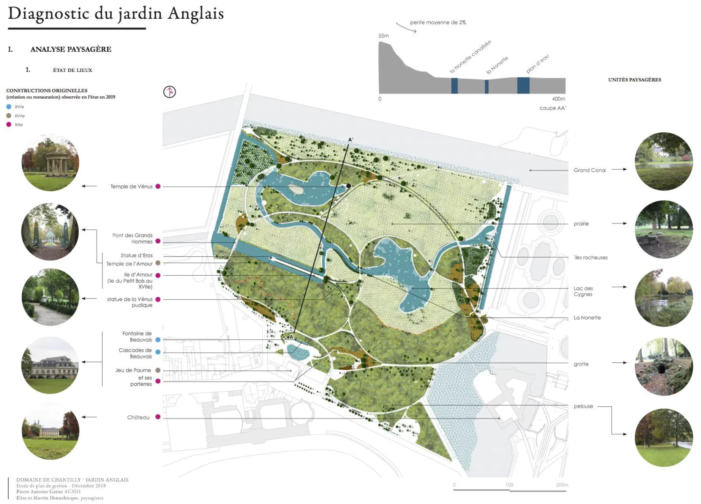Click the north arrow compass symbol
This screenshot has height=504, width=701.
coord(169,92)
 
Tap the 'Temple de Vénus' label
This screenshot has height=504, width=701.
coord(131,187)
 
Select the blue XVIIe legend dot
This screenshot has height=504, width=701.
coord(9,107)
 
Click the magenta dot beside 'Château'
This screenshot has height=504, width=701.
coord(158,417)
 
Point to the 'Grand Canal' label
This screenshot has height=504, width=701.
coord(590,170)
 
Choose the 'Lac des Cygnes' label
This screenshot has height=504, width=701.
coord(583,291)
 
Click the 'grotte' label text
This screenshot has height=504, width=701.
coord(581,364)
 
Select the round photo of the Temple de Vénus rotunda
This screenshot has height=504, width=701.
coord(50,163)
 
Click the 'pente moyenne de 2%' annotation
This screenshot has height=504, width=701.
coord(438,22)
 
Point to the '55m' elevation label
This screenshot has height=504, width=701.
coord(384,36)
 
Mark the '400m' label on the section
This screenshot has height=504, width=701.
coord(559,99)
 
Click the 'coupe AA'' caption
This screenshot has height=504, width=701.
coord(553,108)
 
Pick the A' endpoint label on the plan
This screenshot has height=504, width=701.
coord(350,140)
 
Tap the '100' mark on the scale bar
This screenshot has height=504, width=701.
coord(509,485)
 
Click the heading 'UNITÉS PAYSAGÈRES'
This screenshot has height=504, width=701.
coord(634,80)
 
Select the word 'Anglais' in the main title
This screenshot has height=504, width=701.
coord(196,14)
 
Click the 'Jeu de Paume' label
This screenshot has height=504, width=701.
coord(133,370)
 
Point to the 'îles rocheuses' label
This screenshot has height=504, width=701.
coord(591,257)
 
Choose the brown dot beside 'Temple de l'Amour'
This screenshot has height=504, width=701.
coord(158,263)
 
